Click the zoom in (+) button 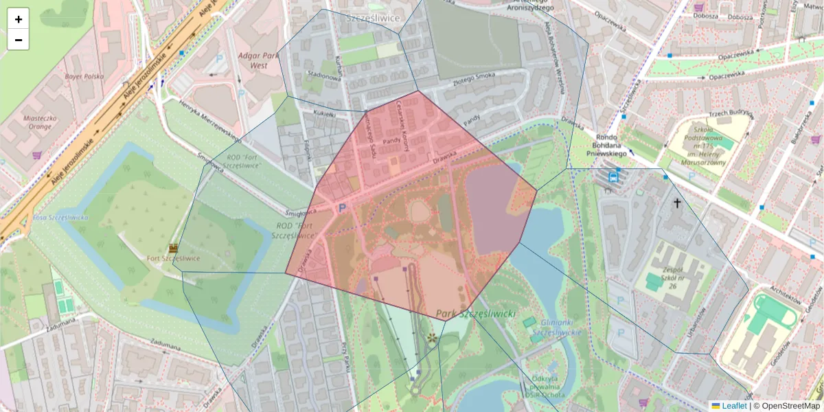19,19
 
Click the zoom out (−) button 19,40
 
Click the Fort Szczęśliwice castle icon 173,248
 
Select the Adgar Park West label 258,60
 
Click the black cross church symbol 677,203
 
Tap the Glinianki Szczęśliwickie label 556,327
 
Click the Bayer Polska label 84,77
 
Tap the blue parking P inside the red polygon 341,207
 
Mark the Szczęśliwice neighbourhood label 373,18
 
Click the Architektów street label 786,295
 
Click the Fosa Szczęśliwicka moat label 60,218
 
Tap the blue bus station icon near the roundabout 613,176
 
